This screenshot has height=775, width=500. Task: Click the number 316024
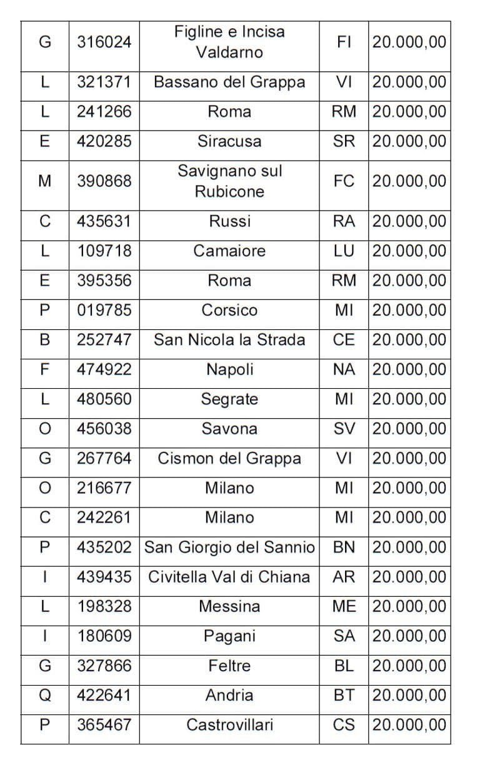[104, 42]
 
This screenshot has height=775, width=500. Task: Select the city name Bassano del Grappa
[229, 82]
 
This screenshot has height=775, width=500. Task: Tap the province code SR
[344, 141]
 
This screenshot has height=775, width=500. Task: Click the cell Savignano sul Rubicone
[229, 181]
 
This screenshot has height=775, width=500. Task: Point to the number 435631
[104, 221]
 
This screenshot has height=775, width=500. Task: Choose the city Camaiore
[229, 251]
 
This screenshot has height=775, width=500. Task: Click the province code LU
[344, 251]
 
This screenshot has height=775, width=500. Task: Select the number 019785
[104, 311]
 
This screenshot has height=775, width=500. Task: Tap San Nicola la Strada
[229, 340]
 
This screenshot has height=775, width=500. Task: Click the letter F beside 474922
[44, 369]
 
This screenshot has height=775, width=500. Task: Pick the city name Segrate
[229, 399]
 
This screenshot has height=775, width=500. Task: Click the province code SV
[344, 429]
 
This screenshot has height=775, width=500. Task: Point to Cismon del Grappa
[229, 459]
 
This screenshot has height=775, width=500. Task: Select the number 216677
[104, 488]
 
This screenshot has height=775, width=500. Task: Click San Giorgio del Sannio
[229, 547]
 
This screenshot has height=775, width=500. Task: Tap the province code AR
[344, 577]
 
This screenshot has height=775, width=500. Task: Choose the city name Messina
[229, 606]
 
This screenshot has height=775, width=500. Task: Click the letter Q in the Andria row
[44, 696]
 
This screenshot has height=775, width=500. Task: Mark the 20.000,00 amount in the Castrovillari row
[409, 725]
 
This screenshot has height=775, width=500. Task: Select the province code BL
[344, 666]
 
